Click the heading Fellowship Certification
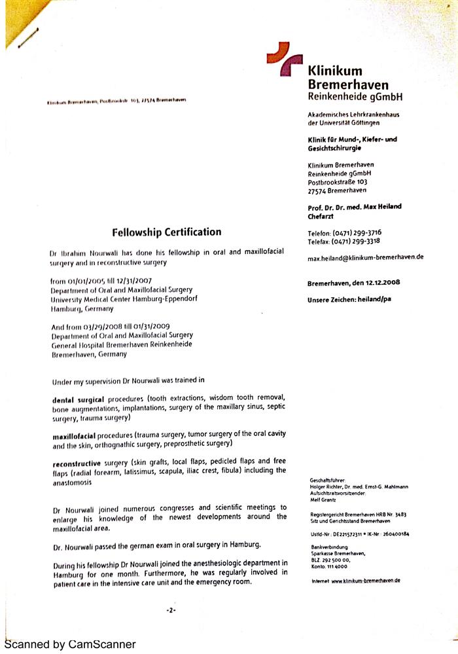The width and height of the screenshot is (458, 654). [x=166, y=232]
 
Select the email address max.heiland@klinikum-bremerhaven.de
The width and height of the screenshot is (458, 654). [x=365, y=257]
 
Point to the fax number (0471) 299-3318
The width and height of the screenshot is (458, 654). [x=357, y=242]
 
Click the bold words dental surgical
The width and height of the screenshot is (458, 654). [x=78, y=399]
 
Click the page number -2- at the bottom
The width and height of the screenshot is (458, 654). [x=171, y=610]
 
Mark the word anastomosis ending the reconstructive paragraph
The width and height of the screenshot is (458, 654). [x=71, y=482]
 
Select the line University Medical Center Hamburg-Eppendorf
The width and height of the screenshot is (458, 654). [x=124, y=299]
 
